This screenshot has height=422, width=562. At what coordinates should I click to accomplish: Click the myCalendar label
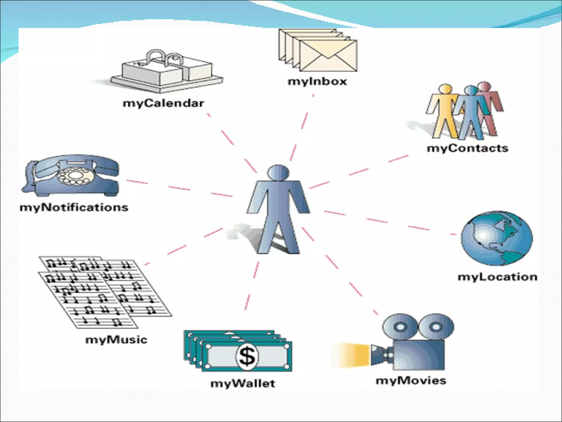[163, 104]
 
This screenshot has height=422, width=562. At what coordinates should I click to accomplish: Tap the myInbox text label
[317, 81]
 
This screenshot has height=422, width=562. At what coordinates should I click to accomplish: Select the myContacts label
[467, 148]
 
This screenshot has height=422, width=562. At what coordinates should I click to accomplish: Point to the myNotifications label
[74, 207]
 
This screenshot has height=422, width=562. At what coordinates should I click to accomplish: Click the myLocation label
[498, 277]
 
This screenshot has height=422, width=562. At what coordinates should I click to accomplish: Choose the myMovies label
[411, 381]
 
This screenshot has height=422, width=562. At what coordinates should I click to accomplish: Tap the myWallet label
[243, 384]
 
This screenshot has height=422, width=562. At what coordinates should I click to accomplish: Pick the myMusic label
[116, 340]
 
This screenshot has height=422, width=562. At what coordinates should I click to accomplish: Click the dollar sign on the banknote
[247, 356]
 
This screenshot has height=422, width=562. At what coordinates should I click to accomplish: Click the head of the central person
[278, 173]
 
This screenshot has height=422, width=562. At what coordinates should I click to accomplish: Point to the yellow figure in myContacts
[444, 110]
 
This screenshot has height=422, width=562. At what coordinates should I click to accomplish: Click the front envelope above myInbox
[328, 56]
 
